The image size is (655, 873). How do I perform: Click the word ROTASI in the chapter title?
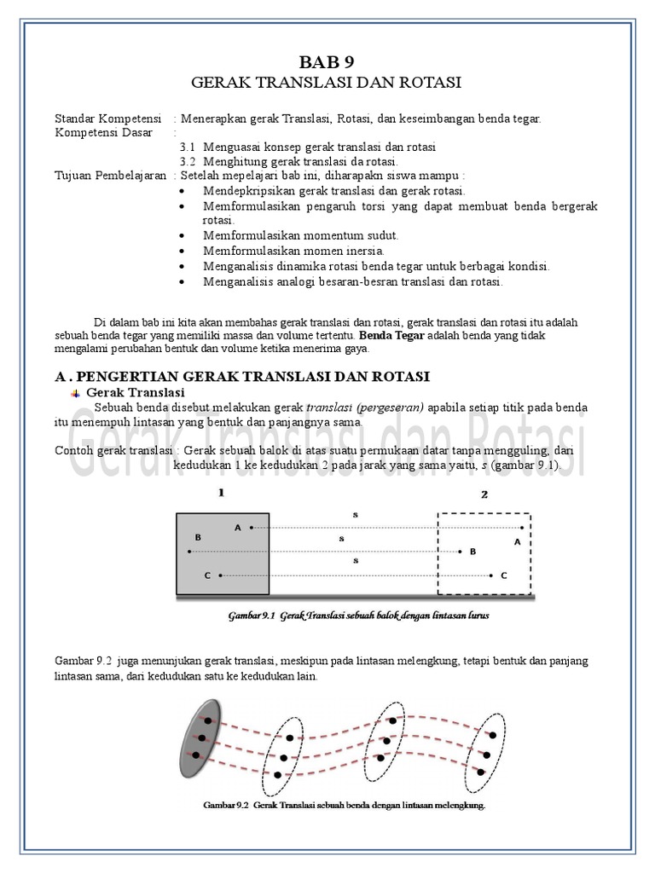click(x=429, y=83)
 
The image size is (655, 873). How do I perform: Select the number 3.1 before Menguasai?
click(x=188, y=147)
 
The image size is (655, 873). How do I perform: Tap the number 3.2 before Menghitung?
click(x=188, y=161)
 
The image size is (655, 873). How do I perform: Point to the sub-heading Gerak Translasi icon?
click(x=75, y=393)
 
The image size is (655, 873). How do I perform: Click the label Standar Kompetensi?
click(x=108, y=119)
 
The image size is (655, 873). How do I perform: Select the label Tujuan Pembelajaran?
click(x=110, y=175)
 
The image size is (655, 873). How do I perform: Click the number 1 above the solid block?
click(x=220, y=494)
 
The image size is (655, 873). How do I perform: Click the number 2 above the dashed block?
click(x=484, y=494)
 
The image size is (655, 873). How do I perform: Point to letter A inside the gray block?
click(x=238, y=528)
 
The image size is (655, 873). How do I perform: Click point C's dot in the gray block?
click(x=220, y=576)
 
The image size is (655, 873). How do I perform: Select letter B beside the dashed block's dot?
click(x=472, y=552)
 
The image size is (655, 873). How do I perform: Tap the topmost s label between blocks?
click(x=355, y=515)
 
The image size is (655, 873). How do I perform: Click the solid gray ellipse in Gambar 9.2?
click(x=196, y=731)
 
